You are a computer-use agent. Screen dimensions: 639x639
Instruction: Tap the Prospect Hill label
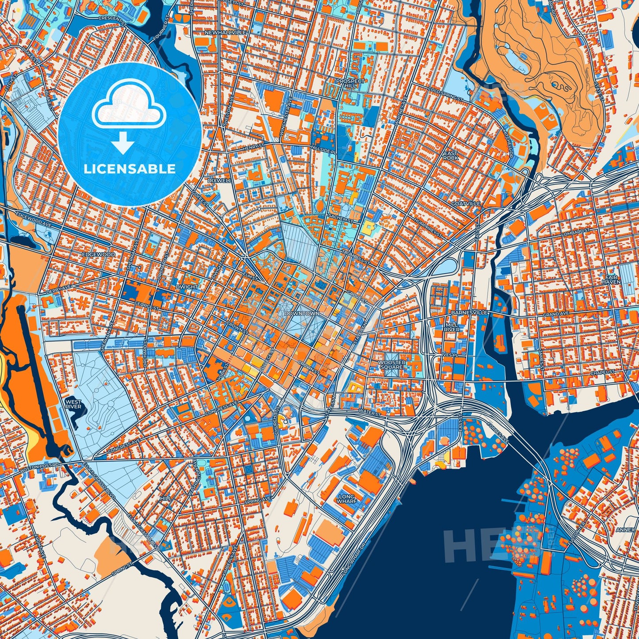(x=350, y=84)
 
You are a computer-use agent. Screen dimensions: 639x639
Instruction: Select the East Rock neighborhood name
(x=451, y=155)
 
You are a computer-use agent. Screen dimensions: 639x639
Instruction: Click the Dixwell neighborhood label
(x=220, y=180)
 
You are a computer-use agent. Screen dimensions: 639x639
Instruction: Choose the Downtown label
(x=302, y=313)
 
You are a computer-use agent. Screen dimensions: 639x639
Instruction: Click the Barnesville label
(x=469, y=312)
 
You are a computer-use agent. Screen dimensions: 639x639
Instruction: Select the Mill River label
(x=452, y=327)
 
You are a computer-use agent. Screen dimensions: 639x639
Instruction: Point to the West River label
(x=73, y=404)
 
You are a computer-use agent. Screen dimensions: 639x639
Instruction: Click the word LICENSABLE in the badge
(x=129, y=169)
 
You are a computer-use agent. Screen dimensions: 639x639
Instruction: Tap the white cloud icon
(x=129, y=105)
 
